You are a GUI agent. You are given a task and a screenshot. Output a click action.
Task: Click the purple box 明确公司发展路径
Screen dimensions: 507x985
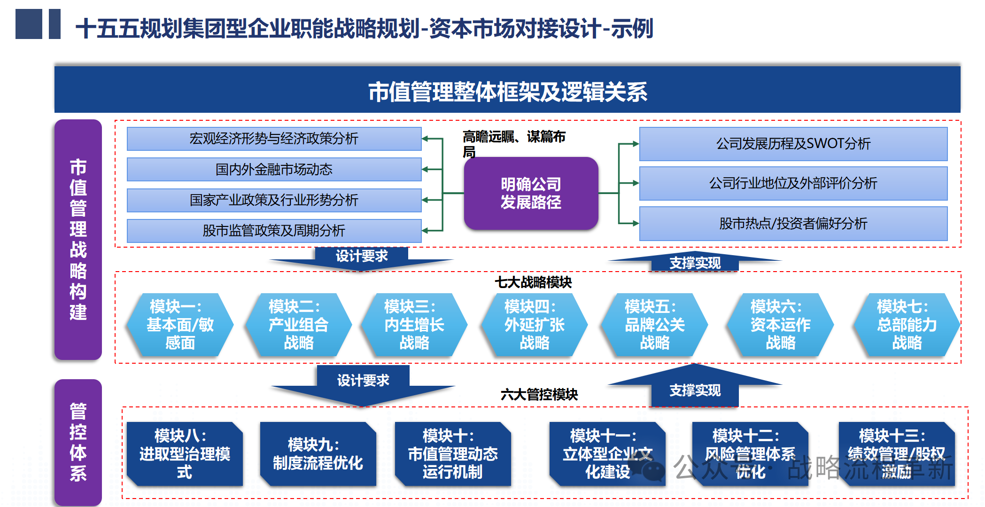click(x=531, y=193)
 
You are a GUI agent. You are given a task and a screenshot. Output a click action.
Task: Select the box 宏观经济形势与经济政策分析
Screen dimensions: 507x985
click(x=274, y=139)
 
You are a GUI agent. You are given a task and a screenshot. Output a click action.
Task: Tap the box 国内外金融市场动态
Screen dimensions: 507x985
click(x=274, y=169)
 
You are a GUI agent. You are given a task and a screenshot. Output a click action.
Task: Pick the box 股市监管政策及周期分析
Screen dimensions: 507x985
click(x=274, y=231)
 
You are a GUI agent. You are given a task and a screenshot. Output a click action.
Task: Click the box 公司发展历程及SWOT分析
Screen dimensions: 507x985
click(x=793, y=143)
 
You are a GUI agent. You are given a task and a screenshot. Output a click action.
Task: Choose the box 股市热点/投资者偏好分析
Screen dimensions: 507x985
click(x=793, y=223)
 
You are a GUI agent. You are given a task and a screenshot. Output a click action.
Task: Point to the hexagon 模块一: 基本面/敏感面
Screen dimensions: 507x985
click(x=180, y=325)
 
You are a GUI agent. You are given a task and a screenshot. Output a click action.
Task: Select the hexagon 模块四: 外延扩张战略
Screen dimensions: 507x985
click(x=534, y=325)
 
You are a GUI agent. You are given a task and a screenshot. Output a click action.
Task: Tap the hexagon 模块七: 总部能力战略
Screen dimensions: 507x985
click(x=907, y=325)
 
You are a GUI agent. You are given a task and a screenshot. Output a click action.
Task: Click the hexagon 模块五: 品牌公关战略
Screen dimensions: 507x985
click(x=654, y=325)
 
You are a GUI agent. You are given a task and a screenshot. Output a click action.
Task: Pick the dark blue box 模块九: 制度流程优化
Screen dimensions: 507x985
click(x=318, y=454)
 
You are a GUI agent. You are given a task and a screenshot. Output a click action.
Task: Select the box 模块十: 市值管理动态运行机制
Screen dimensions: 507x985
click(x=452, y=454)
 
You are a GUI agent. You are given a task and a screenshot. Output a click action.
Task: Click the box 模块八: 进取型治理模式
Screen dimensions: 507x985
click(x=185, y=454)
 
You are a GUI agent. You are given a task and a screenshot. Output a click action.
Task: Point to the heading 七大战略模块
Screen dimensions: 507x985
click(x=533, y=282)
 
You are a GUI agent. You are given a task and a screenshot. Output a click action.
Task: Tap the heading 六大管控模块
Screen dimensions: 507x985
click(x=539, y=394)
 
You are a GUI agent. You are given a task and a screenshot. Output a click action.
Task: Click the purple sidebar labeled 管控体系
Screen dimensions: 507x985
click(x=78, y=442)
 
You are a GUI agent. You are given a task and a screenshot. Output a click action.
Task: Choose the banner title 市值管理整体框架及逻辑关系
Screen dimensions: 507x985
click(x=507, y=92)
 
